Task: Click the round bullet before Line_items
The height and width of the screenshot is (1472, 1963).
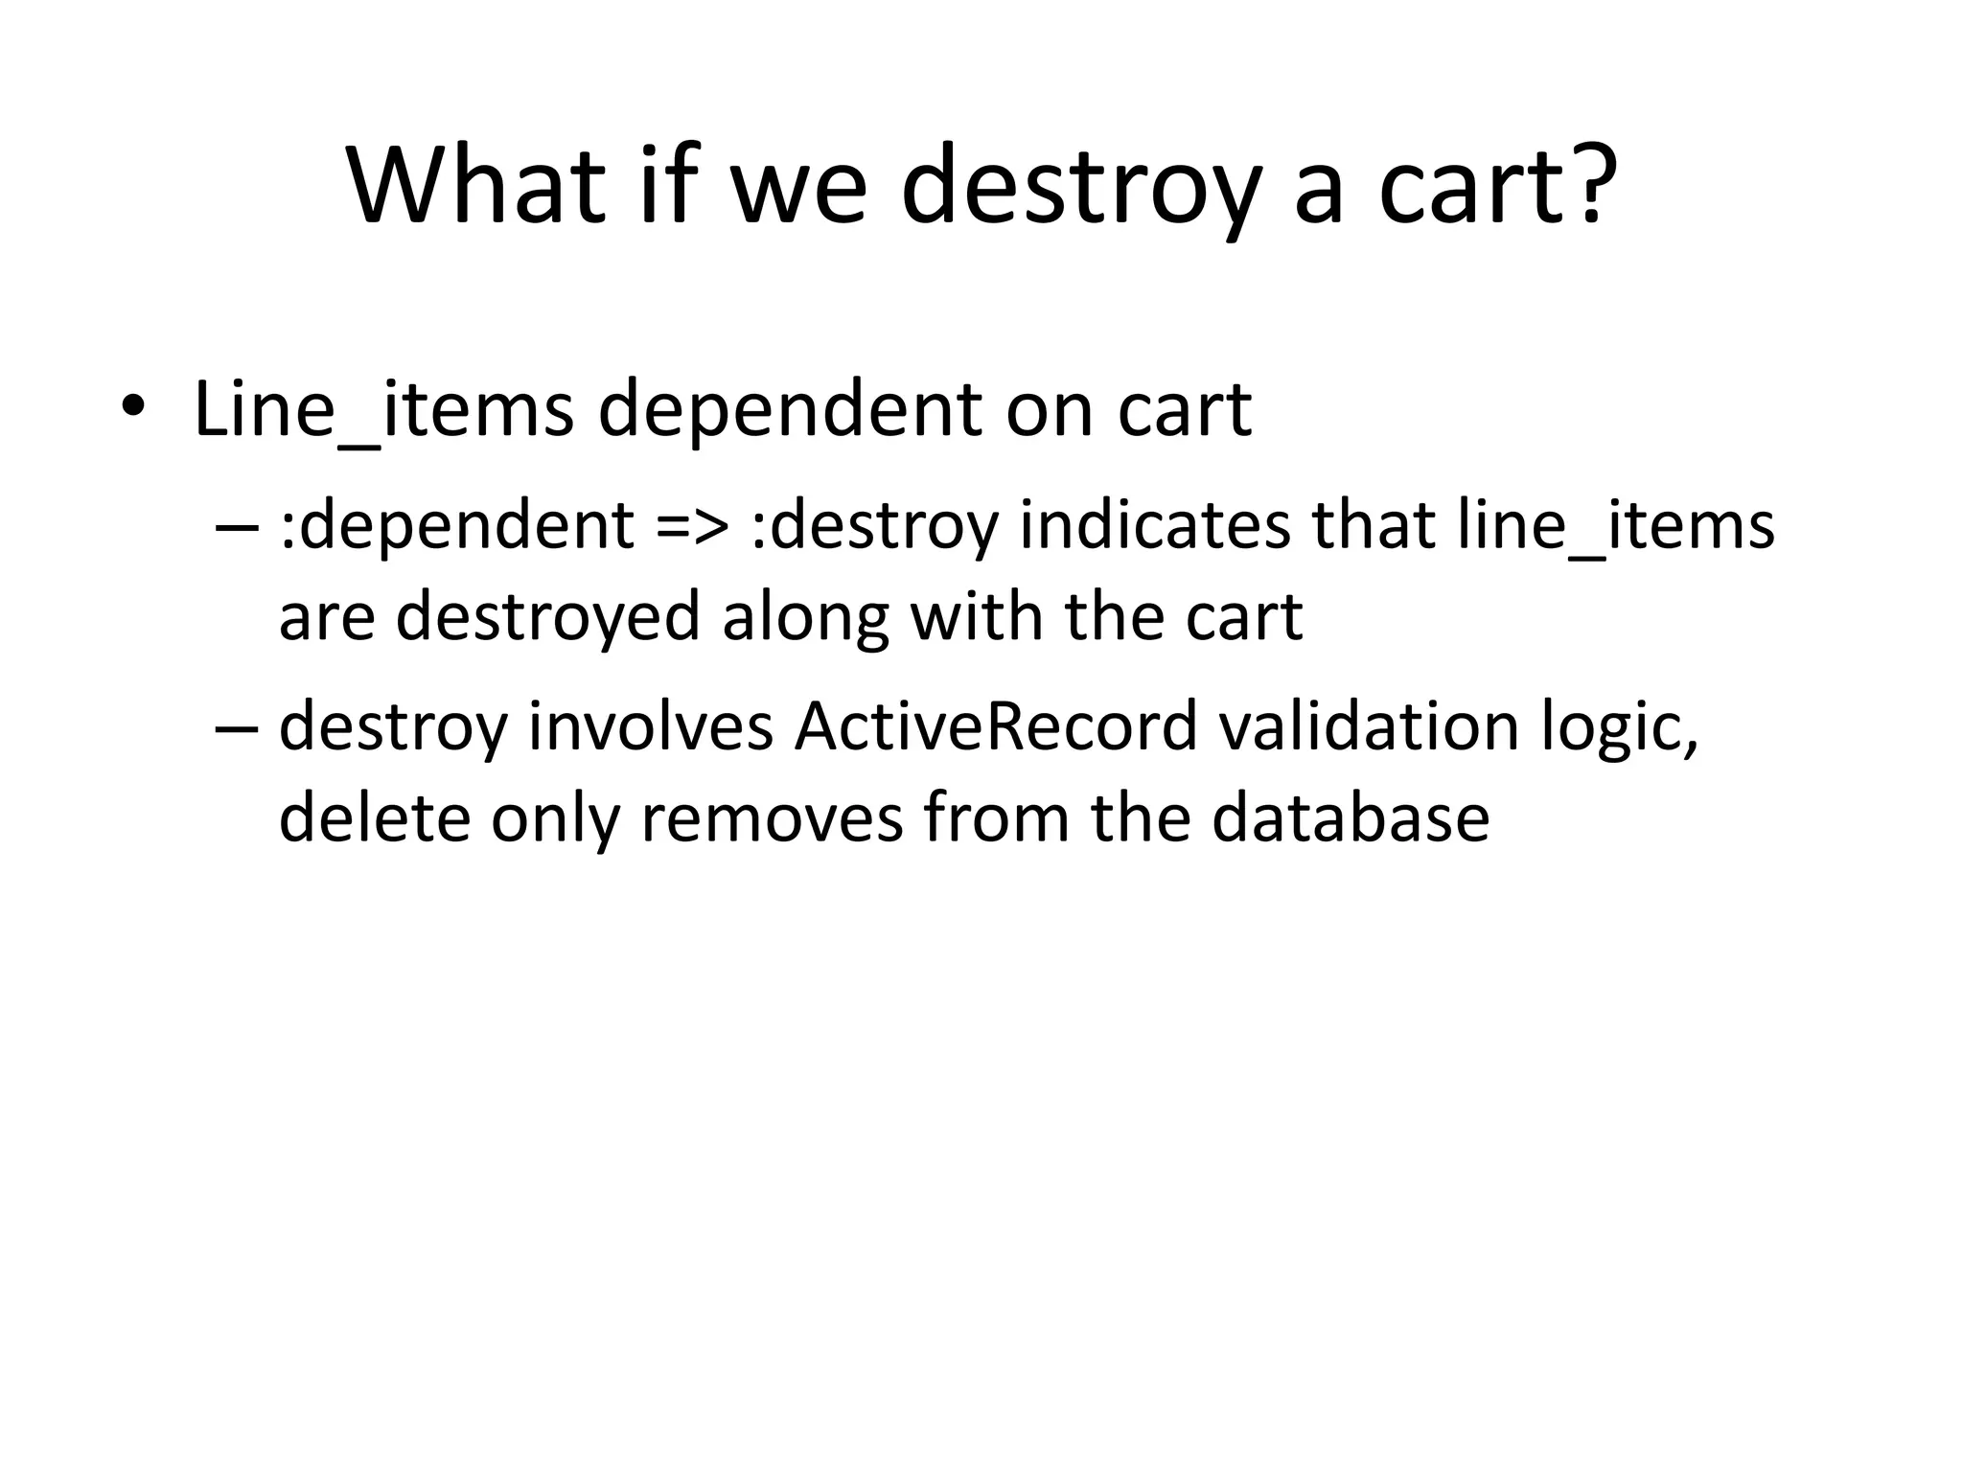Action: pos(132,407)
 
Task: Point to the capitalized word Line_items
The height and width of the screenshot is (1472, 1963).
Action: pos(383,410)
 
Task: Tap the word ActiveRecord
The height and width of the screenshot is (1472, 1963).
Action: pos(996,725)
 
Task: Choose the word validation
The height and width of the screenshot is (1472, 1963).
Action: pos(1369,725)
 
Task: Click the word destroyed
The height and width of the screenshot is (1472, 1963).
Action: pos(547,616)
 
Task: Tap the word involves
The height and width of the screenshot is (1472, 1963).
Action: pos(651,725)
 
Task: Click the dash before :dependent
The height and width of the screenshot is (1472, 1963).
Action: pos(237,528)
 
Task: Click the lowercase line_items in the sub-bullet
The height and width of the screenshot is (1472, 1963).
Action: pos(1615,528)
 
